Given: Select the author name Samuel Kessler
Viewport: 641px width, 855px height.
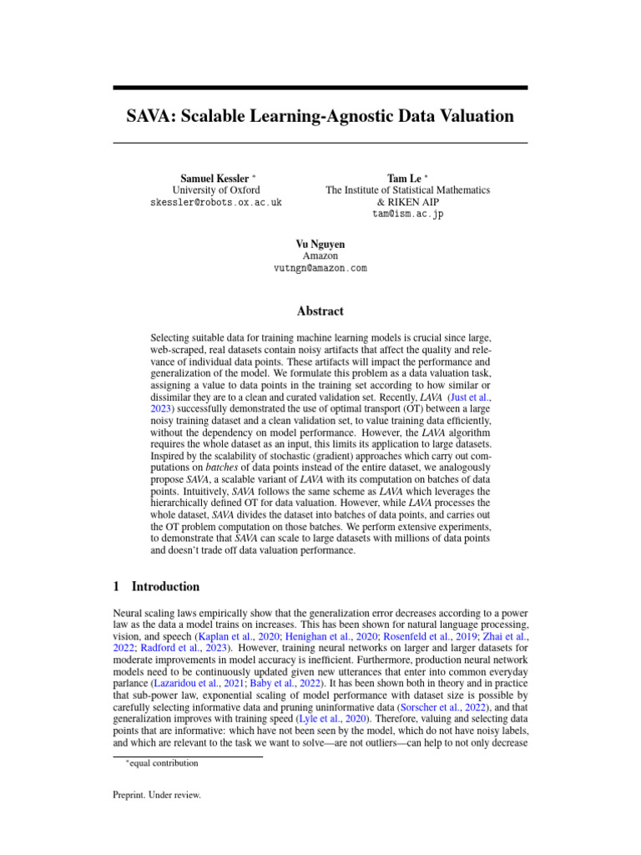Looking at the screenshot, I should click(214, 179).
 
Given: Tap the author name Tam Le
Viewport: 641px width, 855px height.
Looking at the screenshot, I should click(404, 179).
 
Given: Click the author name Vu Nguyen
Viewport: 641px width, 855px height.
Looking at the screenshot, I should click(320, 244).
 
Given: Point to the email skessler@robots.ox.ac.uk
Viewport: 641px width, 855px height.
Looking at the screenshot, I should click(216, 203).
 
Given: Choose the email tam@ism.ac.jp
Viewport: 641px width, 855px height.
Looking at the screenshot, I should click(407, 215).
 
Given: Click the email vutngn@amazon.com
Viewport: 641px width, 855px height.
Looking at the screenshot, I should click(320, 268).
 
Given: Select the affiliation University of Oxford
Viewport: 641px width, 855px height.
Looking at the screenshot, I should click(216, 190).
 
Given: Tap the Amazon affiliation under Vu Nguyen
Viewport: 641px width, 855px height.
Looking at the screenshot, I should click(320, 255).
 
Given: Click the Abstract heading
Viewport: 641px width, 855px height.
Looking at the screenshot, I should click(320, 311).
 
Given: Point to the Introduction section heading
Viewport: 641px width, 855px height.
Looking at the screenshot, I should click(165, 587).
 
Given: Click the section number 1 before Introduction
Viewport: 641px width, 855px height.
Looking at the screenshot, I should click(116, 587).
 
